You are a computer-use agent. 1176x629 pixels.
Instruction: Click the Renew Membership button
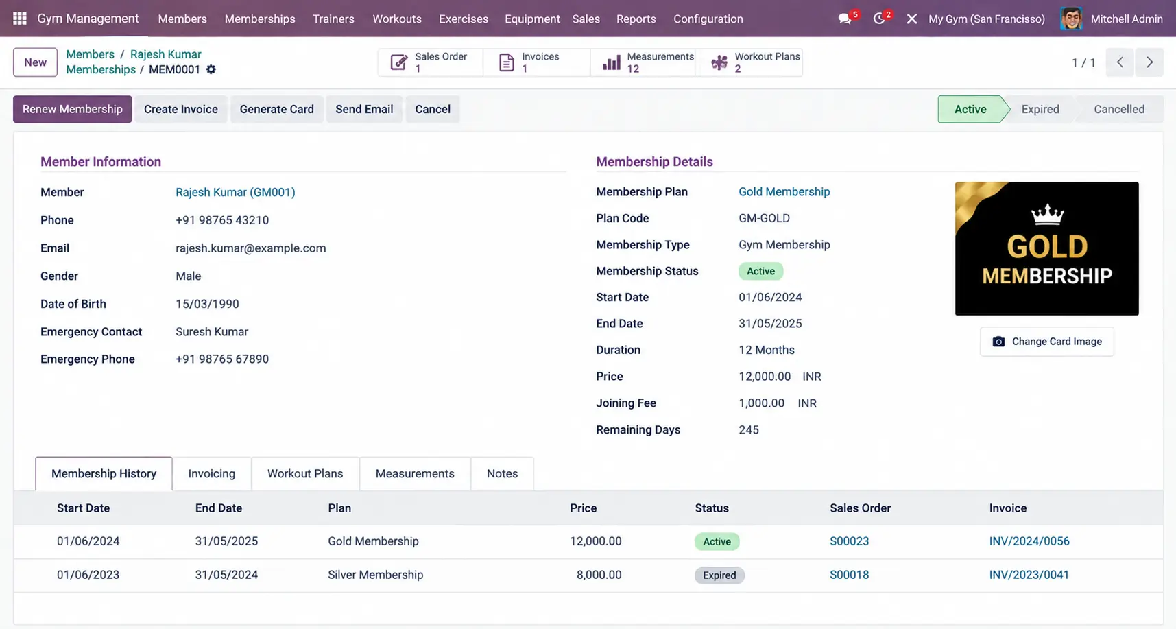[72, 109]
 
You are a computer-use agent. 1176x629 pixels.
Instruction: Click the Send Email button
[364, 109]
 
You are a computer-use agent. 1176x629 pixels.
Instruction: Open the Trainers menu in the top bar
[333, 19]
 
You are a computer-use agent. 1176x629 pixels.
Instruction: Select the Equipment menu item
[532, 19]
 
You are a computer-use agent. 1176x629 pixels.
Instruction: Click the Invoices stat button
[536, 62]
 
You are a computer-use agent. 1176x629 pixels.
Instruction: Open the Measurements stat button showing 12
[644, 62]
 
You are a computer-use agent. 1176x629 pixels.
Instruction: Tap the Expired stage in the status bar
[1040, 109]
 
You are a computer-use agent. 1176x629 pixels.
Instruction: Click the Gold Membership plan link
[784, 192]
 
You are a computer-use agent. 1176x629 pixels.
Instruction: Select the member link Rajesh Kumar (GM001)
[235, 192]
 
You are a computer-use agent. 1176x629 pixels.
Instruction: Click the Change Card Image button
[1047, 342]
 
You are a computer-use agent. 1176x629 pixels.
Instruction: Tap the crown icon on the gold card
[1047, 215]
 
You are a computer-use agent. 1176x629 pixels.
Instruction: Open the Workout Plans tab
[305, 473]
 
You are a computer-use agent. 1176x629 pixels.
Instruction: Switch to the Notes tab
[502, 473]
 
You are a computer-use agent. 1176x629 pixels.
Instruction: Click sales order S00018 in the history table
[849, 575]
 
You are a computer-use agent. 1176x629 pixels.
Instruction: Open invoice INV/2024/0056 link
[1029, 541]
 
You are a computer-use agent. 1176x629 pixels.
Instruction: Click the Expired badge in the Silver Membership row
[719, 575]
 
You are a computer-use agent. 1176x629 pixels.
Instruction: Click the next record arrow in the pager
[1150, 62]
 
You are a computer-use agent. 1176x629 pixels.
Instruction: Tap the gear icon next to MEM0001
[211, 69]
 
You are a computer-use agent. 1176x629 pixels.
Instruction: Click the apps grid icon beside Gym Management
[20, 19]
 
